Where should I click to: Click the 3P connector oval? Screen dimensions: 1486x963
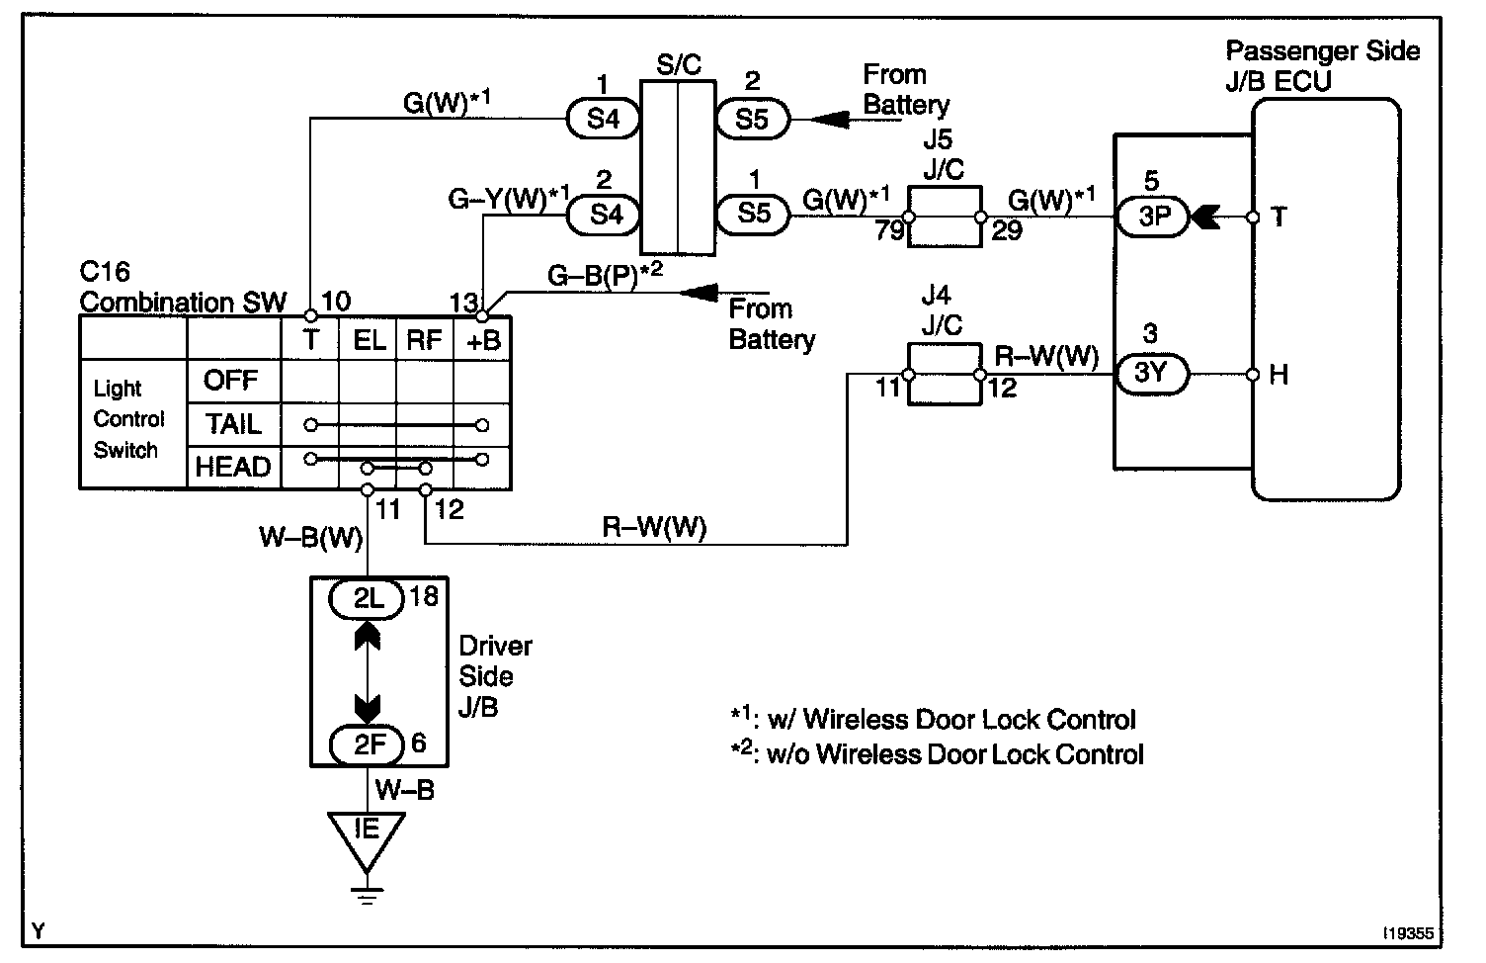point(1154,217)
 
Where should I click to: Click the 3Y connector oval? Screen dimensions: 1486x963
point(1152,374)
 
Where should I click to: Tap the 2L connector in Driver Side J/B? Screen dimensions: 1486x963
point(367,599)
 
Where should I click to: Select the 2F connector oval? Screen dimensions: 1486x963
point(367,744)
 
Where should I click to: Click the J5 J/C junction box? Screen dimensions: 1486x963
point(944,218)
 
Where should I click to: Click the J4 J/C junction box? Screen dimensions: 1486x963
point(944,375)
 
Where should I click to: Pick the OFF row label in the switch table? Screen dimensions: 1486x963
point(230,381)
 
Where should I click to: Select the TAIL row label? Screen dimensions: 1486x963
point(233,424)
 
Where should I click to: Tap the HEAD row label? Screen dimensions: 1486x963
point(233,468)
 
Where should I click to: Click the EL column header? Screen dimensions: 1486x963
point(369,340)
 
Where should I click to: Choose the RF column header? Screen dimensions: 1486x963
point(424,340)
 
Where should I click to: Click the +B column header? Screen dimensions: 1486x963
point(483,340)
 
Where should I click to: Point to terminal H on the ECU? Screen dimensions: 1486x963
point(1279,375)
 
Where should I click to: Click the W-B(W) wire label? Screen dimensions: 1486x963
point(311,536)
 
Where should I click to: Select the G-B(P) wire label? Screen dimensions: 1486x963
point(605,275)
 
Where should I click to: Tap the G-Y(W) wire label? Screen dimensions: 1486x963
point(509,199)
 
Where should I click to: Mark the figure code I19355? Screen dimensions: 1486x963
point(1408,933)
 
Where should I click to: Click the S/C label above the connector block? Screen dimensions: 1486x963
point(679,64)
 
